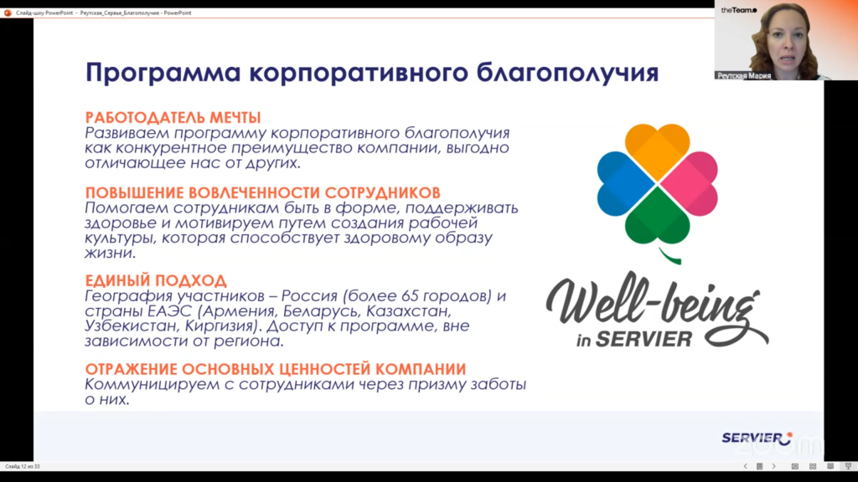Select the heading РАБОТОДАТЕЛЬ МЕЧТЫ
pyautogui.click(x=173, y=117)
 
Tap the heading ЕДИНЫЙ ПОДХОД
pyautogui.click(x=156, y=280)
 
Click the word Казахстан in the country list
pyautogui.click(x=408, y=310)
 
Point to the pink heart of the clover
pyautogui.click(x=689, y=183)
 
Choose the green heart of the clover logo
pyautogui.click(x=657, y=217)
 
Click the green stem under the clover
pyautogui.click(x=669, y=256)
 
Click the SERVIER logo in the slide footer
pyautogui.click(x=757, y=438)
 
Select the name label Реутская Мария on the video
pyautogui.click(x=744, y=76)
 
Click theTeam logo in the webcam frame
pyautogui.click(x=739, y=10)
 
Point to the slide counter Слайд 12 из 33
pyautogui.click(x=23, y=466)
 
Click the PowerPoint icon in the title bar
pyautogui.click(x=8, y=13)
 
